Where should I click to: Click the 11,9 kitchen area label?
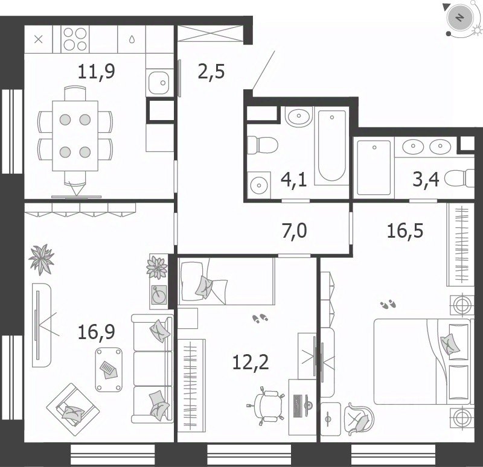pos(97,72)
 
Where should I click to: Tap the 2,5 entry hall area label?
pos(211,72)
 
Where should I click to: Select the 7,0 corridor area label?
pos(295,231)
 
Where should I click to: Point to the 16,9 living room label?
pos(97,332)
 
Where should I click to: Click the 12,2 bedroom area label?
pos(251,362)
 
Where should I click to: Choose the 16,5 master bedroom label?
pos(405,230)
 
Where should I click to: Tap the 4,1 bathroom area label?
pos(294,180)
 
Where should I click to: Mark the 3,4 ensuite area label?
pos(426,179)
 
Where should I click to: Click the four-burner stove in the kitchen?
pos(75,39)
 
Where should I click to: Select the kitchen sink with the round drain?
pos(159,83)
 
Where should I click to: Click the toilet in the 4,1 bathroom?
pos(263,145)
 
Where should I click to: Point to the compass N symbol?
pos(460,18)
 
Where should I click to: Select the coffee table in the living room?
pos(109,370)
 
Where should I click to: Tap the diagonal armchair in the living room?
pos(73,410)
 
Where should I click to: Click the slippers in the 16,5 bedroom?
pos(388,304)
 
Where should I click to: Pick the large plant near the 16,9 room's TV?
pos(42,259)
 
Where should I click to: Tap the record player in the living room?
pos(159,295)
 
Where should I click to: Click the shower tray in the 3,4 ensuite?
pos(374,168)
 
